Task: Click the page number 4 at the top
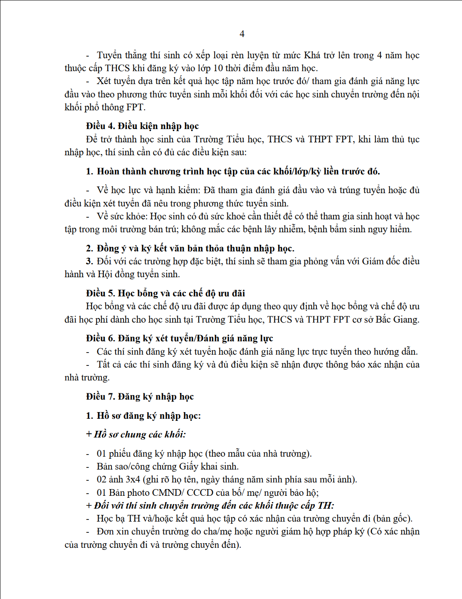(x=242, y=34)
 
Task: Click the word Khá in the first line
(x=312, y=55)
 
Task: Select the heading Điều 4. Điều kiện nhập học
(x=142, y=126)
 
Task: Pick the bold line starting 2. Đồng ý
(x=190, y=249)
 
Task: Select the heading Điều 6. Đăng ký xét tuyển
(x=179, y=338)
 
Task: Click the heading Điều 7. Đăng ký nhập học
(x=140, y=397)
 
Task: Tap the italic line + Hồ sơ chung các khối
(x=136, y=435)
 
